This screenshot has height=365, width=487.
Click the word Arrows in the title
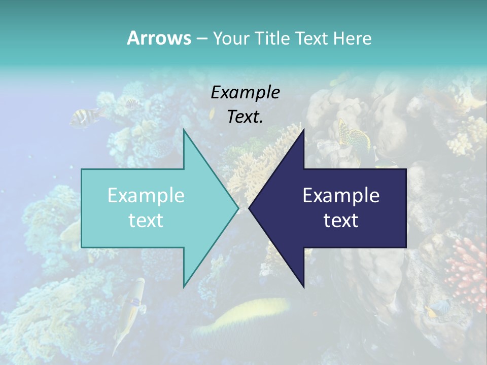pyautogui.click(x=159, y=38)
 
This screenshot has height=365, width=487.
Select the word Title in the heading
pyautogui.click(x=272, y=39)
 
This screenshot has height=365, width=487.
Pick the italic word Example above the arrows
pyautogui.click(x=245, y=93)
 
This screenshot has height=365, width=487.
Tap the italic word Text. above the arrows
pyautogui.click(x=245, y=117)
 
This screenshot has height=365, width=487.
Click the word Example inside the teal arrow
pyautogui.click(x=146, y=196)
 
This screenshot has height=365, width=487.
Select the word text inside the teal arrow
pyautogui.click(x=146, y=221)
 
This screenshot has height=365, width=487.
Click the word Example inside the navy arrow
pyautogui.click(x=341, y=196)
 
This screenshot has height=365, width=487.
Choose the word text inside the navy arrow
pyautogui.click(x=341, y=221)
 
